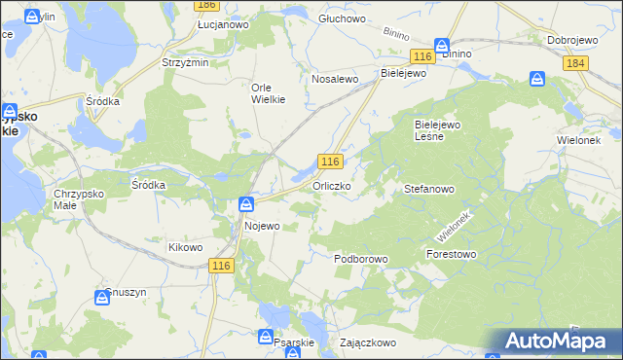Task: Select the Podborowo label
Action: (x=361, y=259)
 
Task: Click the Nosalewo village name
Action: (x=336, y=79)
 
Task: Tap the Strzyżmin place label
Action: (x=185, y=63)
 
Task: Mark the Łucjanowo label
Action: (x=223, y=24)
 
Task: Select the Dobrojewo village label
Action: (x=571, y=40)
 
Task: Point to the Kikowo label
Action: (x=185, y=247)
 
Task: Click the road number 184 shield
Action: (x=574, y=63)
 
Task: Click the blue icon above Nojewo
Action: (x=247, y=204)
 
